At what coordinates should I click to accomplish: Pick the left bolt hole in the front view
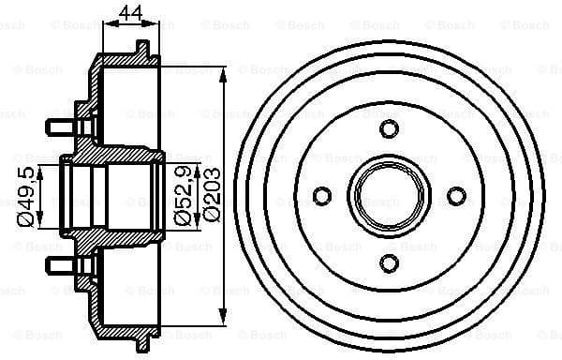pos(322,196)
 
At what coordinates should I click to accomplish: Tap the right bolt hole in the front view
pos(456,196)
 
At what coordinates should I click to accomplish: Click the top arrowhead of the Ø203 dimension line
pos(224,73)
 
